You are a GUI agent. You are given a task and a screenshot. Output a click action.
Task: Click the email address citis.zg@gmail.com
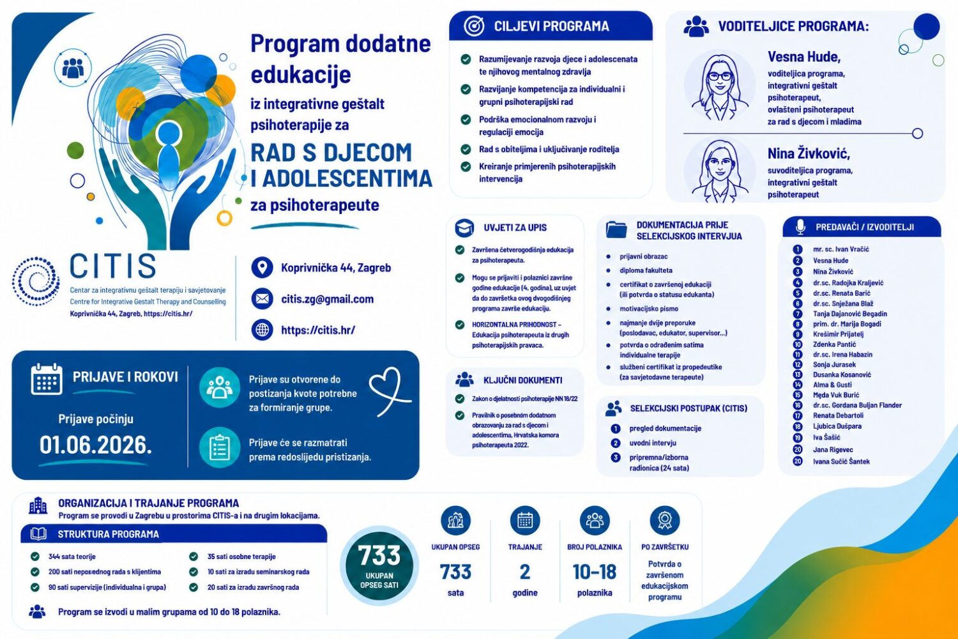coord(327,299)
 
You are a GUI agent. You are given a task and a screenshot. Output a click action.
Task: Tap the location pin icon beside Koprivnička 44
coord(262,268)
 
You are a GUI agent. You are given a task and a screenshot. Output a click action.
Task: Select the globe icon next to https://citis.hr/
coord(262,330)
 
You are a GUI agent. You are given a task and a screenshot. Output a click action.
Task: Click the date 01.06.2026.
coord(96,445)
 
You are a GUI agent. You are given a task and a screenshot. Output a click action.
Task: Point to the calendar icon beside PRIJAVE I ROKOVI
coord(47,379)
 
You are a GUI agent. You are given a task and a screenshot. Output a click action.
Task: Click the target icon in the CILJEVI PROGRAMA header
coord(474,26)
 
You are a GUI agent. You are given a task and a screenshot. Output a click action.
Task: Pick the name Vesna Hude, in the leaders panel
coord(804,56)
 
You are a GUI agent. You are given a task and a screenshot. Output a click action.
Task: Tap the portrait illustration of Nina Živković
coord(720,171)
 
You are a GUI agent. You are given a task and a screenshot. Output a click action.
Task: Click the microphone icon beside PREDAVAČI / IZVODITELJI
coord(801,227)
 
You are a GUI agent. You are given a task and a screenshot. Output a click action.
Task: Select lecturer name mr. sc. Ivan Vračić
coord(841,249)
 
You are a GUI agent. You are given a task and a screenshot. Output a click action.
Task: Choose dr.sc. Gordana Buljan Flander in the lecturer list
coord(857,405)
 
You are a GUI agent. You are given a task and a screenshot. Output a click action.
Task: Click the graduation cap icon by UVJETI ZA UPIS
coord(464,227)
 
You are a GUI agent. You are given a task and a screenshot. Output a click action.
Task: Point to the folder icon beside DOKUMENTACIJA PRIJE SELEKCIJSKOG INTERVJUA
coord(616,230)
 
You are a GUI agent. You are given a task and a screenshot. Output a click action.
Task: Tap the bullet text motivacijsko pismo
coord(649,309)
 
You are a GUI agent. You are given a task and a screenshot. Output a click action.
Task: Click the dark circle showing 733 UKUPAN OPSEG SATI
coord(379,566)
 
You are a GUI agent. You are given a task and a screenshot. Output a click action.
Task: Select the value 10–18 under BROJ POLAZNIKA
coord(595,572)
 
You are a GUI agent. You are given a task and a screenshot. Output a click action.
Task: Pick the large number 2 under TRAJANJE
coord(525,572)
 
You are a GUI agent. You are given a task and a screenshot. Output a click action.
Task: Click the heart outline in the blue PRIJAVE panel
coord(390,391)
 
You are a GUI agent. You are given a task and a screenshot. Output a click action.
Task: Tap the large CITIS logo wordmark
coord(113,266)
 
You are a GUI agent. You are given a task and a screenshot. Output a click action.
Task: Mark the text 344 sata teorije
coord(72,557)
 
